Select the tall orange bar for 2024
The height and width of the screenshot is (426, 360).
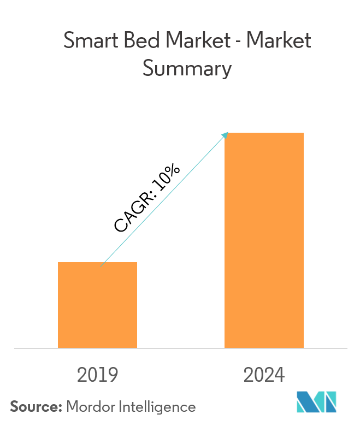tap(264, 240)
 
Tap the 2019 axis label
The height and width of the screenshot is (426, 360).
tap(98, 375)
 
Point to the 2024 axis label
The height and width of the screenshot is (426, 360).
tap(264, 375)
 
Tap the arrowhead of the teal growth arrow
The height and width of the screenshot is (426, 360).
tap(225, 134)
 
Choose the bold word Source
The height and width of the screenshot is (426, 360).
tap(34, 407)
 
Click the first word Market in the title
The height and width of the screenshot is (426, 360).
tap(190, 42)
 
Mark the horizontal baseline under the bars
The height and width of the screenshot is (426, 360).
tap(180, 348)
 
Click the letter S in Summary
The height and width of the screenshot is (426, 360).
tap(146, 69)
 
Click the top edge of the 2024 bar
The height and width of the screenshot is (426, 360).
tap(264, 133)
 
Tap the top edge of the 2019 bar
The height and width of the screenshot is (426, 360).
tap(97, 263)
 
